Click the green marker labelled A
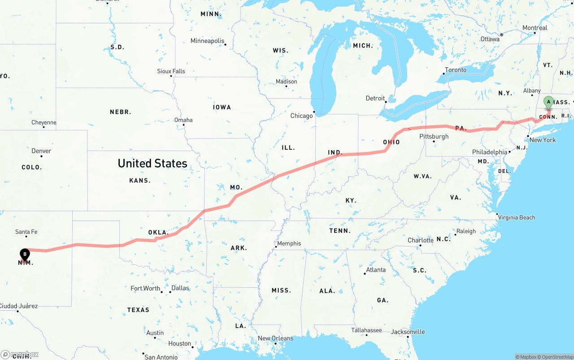(548, 102)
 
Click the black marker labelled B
(25, 254)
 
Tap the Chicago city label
(301, 116)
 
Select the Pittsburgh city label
(434, 136)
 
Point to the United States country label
(152, 163)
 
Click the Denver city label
(41, 151)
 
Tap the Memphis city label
(289, 243)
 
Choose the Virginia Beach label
(517, 217)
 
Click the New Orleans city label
(275, 338)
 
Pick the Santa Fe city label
(26, 232)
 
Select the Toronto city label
(455, 70)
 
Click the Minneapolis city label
(207, 41)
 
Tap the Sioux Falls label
(171, 71)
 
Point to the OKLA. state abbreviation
(158, 232)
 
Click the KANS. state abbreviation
(140, 180)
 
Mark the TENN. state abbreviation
(340, 230)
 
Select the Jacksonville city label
(408, 332)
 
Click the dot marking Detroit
(386, 102)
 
